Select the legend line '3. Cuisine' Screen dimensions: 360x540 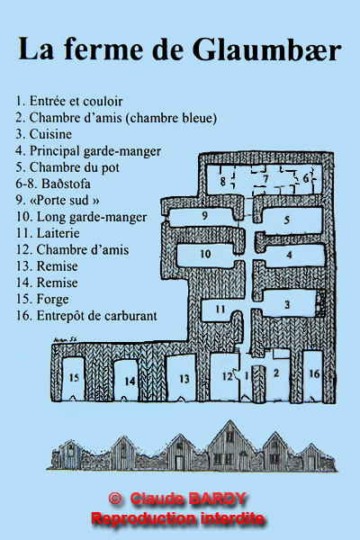(44, 134)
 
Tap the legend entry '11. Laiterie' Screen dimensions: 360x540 (48, 233)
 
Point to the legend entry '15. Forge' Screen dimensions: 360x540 (42, 300)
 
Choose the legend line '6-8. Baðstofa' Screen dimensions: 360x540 (53, 184)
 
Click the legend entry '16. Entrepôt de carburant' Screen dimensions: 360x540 (86, 316)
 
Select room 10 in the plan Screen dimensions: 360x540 (206, 255)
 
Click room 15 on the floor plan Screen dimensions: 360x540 (74, 378)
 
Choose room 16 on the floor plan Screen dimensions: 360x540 (313, 375)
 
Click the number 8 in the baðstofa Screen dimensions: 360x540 (223, 181)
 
